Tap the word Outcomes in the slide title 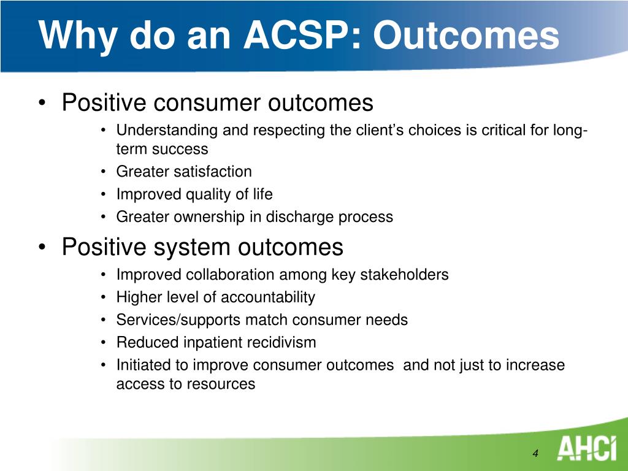click(x=466, y=34)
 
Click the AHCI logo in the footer click(x=586, y=449)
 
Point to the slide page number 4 click(x=535, y=453)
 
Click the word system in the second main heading click(x=193, y=248)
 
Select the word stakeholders click(x=404, y=275)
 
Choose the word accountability click(x=267, y=297)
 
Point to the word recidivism click(x=281, y=343)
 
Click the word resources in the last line click(x=220, y=384)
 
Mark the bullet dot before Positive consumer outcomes click(x=42, y=103)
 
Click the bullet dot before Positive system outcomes click(x=42, y=247)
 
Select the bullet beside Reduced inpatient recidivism click(x=103, y=343)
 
